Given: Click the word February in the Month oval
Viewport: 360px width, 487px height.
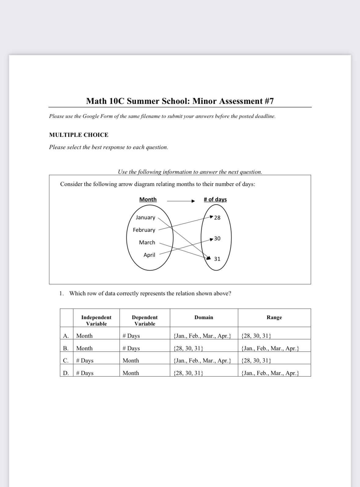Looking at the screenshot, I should (144, 230).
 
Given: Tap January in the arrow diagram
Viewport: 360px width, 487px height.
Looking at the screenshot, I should (145, 217).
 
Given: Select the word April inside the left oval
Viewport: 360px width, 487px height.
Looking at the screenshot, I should (149, 255).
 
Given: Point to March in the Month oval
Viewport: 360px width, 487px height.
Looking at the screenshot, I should (147, 242).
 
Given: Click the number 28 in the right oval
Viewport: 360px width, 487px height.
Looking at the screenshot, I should (217, 218).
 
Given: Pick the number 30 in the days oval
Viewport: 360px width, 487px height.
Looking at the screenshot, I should (217, 238).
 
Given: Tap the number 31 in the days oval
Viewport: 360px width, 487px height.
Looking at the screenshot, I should (217, 259).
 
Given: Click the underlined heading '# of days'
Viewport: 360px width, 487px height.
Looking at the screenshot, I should (215, 199).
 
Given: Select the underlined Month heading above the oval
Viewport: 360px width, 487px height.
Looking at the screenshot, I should (148, 199).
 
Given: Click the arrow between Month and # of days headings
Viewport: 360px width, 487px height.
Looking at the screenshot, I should (181, 201).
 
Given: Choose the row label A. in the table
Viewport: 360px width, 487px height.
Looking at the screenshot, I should (66, 336).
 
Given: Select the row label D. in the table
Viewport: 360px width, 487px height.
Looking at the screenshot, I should (66, 373).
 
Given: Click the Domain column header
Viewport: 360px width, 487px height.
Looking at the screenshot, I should (204, 318).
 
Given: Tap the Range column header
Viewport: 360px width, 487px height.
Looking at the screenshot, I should (274, 318).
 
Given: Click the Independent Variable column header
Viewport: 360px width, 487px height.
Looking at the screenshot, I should (96, 321).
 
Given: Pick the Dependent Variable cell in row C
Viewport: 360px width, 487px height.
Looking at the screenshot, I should (131, 361).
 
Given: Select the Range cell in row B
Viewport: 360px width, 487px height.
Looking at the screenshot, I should (270, 348).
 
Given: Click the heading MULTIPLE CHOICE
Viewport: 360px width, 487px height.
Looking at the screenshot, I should (79, 135).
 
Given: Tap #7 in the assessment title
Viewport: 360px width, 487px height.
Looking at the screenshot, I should (269, 101).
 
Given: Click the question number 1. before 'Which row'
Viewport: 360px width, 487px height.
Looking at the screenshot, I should (62, 293).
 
